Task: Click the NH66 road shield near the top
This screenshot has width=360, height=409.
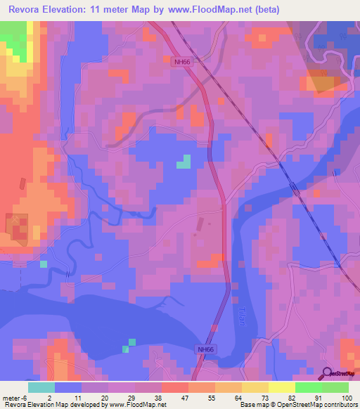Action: coord(182,61)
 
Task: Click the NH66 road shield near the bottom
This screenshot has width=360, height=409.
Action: coord(205,349)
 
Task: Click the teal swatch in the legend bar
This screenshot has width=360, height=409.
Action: coord(41,387)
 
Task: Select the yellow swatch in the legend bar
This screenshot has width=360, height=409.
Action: coord(282,387)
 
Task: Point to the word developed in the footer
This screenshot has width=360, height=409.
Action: coord(82,405)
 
